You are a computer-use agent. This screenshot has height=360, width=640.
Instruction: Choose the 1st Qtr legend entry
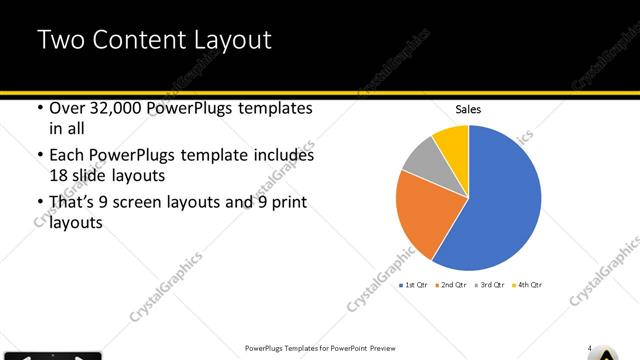[x=414, y=286]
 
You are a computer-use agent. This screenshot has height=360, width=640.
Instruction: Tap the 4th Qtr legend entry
[x=529, y=286]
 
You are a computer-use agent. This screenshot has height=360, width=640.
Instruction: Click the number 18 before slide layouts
[x=60, y=175]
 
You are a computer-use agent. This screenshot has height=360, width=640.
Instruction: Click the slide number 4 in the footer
[x=590, y=349]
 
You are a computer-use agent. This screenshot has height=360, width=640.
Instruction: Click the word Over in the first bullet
[x=67, y=109]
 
